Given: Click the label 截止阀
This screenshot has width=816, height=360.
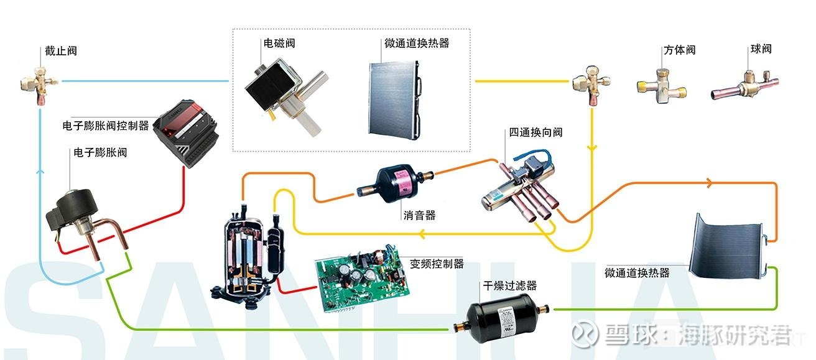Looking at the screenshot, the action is [x=61, y=50].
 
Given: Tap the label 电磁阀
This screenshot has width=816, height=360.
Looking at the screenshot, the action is [x=279, y=44].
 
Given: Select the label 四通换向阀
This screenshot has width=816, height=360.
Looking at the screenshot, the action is [x=535, y=132].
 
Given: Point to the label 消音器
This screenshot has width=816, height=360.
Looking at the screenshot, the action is [x=419, y=215].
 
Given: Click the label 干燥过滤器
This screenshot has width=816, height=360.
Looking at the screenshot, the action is [x=509, y=286].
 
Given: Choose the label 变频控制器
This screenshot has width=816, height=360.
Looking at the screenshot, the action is [x=437, y=264].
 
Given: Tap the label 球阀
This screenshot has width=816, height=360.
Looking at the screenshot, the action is [x=761, y=48].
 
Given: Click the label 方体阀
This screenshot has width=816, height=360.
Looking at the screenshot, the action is [x=679, y=50].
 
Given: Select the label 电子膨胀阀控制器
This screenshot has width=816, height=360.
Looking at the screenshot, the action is [x=106, y=126].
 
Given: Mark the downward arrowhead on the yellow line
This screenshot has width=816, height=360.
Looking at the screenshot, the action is [x=591, y=148].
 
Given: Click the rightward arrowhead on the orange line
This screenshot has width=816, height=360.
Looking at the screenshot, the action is [x=709, y=183].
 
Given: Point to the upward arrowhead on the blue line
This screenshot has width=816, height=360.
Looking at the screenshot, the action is [x=41, y=171].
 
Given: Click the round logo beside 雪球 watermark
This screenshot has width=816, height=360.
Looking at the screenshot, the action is [x=584, y=333].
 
